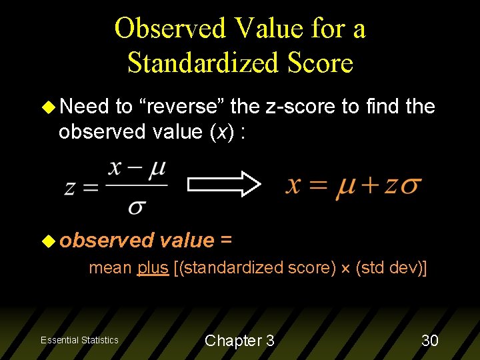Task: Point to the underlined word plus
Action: click(153, 269)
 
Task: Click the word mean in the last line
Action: click(111, 269)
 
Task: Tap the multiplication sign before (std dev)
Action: click(345, 269)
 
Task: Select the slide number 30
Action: click(430, 341)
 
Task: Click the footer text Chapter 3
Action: click(239, 341)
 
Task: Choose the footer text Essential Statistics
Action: click(79, 341)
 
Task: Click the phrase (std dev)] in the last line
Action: click(391, 269)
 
